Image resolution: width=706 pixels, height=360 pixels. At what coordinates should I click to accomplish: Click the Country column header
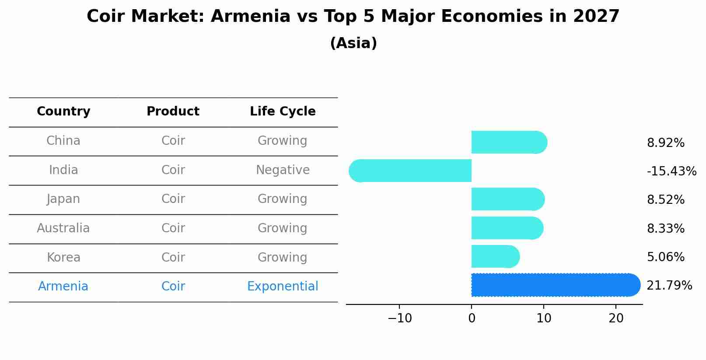[63, 112]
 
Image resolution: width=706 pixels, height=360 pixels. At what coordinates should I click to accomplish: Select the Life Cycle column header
[283, 112]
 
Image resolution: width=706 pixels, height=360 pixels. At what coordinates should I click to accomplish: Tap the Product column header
[173, 112]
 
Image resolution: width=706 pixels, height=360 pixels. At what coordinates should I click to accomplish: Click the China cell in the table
[63, 141]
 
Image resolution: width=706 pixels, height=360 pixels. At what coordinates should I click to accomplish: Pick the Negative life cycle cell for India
[283, 170]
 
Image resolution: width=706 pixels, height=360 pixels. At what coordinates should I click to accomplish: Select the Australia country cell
[63, 228]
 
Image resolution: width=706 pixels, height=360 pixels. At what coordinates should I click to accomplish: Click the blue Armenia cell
[63, 287]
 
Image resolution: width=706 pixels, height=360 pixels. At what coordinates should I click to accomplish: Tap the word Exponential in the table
[283, 287]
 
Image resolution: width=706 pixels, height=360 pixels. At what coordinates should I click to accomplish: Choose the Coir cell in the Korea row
[173, 257]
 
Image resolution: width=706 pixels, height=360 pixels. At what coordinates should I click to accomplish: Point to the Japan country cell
[63, 199]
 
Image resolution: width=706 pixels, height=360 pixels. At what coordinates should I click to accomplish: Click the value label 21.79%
[669, 286]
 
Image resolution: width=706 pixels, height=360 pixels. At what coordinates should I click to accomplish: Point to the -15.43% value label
[671, 171]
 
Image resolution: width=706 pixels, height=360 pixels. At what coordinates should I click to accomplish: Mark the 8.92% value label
[665, 143]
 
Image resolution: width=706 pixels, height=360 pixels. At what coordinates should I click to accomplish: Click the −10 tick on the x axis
[399, 318]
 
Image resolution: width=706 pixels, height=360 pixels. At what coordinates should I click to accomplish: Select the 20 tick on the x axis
[616, 318]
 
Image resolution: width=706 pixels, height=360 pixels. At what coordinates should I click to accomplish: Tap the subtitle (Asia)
[353, 43]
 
